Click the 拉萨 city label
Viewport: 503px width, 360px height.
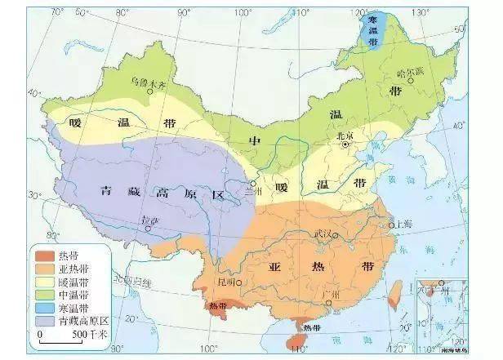tap(148, 220)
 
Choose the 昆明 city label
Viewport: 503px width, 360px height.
tap(226, 282)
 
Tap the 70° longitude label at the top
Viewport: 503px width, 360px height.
tap(57, 11)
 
